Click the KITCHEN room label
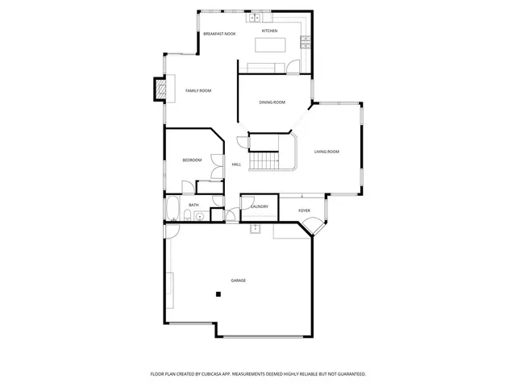click(x=269, y=31)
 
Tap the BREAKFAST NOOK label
click(x=219, y=34)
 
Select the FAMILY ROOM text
click(x=198, y=90)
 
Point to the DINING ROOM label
click(x=272, y=102)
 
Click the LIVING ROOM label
click(x=327, y=152)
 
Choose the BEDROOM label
click(x=192, y=160)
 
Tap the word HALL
click(x=236, y=164)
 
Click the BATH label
click(x=193, y=205)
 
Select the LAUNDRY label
click(x=259, y=206)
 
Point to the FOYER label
click(x=304, y=210)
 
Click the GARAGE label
click(x=238, y=280)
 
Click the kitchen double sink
click(x=255, y=17)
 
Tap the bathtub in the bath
click(x=172, y=210)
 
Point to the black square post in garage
click(x=218, y=294)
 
